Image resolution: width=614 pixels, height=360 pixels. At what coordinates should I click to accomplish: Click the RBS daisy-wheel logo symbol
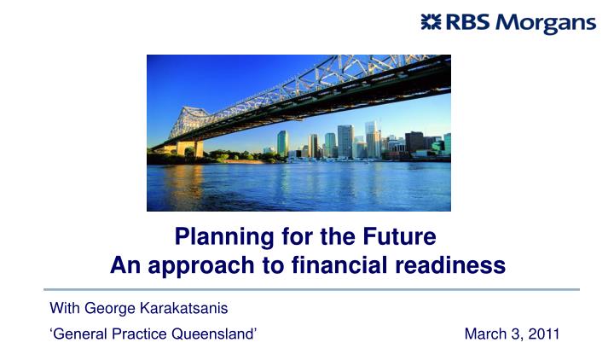click(x=431, y=21)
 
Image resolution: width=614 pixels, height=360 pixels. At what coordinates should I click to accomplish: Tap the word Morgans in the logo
click(x=546, y=24)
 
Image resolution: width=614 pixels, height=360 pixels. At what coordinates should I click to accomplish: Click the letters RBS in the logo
click(x=467, y=22)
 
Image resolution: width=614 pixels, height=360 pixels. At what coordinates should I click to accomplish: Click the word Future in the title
click(x=399, y=236)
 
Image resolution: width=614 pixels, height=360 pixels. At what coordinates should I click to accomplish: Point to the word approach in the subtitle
click(x=201, y=266)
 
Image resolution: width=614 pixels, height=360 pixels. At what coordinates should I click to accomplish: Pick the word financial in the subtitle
click(x=339, y=264)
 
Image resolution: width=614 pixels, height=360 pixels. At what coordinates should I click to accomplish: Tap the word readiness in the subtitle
click(x=450, y=264)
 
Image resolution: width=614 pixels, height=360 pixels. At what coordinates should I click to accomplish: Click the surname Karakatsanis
click(x=184, y=308)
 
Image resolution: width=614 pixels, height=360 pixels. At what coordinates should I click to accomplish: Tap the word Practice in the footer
click(x=139, y=334)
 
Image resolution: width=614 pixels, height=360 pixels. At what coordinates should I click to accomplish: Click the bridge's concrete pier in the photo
click(x=189, y=148)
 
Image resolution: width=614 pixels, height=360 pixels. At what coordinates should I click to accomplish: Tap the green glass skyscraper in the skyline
click(x=283, y=144)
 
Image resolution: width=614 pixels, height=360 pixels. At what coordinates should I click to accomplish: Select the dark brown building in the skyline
click(x=414, y=142)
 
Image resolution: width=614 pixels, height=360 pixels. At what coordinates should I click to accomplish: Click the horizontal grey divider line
click(x=312, y=289)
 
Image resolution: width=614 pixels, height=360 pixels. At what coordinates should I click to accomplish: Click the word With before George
click(x=65, y=308)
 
